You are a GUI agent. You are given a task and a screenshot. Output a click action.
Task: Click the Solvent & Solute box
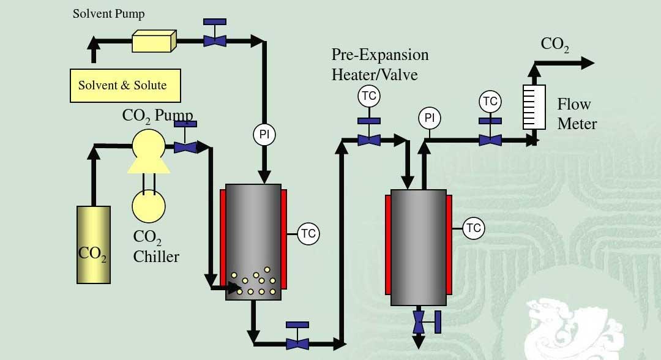tap(125, 85)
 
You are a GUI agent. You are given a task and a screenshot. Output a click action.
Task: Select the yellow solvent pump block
tap(154, 42)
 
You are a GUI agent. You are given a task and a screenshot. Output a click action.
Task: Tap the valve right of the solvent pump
tap(214, 40)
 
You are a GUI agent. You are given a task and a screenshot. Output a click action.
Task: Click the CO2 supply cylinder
tap(94, 245)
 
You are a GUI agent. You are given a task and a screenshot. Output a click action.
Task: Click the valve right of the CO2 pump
tap(185, 147)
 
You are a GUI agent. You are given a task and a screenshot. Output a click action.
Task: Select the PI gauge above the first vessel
tap(264, 135)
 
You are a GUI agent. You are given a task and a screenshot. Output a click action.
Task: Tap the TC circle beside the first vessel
tap(308, 233)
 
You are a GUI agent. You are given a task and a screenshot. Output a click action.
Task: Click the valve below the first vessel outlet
tap(297, 343)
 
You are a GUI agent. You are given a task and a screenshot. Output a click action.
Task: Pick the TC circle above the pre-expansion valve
tap(369, 96)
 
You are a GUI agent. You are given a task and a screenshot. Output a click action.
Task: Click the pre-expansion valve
tap(369, 140)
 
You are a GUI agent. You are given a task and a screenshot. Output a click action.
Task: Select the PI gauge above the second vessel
tap(430, 118)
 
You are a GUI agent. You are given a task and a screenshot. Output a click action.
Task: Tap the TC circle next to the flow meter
tap(490, 101)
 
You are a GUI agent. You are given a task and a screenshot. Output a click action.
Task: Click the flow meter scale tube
tap(534, 107)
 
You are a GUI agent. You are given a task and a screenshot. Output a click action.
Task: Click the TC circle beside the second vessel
tap(473, 228)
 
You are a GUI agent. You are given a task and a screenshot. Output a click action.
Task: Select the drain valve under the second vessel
tap(419, 321)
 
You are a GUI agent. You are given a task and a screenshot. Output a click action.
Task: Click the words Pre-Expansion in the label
tap(379, 55)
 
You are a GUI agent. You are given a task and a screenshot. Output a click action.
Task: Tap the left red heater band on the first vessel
tap(223, 239)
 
